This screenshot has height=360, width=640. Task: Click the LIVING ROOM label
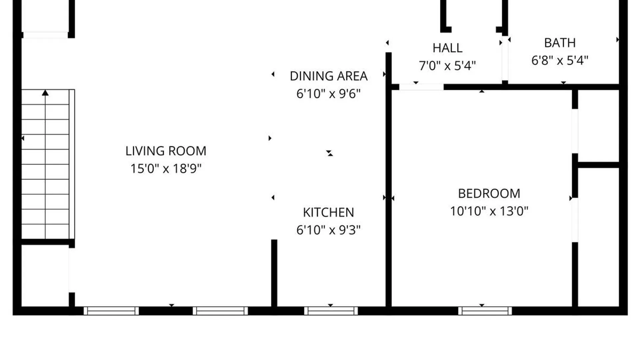click(166, 151)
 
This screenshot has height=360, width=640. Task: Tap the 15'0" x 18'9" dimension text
click(166, 169)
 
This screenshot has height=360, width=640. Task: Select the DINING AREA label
click(329, 76)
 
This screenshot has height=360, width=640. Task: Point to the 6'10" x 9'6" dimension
click(329, 94)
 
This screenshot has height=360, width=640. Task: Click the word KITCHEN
click(329, 212)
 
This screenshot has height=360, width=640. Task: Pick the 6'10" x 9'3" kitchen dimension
click(329, 230)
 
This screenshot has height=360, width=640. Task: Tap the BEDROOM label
click(489, 194)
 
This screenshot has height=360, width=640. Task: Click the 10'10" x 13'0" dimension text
click(489, 211)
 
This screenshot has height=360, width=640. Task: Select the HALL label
click(447, 48)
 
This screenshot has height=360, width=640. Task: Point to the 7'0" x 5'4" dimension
click(447, 66)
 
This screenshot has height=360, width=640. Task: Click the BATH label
click(560, 43)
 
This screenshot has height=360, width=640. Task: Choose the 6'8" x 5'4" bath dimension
click(560, 60)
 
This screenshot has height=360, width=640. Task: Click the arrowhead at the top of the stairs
click(45, 93)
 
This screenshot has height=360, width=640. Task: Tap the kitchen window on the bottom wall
click(331, 311)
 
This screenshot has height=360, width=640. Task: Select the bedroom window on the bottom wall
click(485, 311)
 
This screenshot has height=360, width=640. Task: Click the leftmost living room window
click(111, 311)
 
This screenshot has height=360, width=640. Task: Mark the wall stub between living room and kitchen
click(274, 273)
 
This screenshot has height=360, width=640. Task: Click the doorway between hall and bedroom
click(421, 87)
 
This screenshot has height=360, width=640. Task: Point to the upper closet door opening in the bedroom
click(575, 131)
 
